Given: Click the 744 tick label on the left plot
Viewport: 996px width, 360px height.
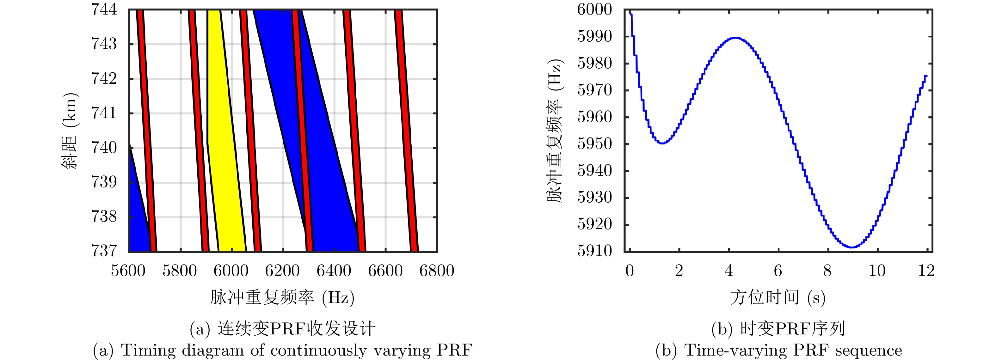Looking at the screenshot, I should [x=104, y=9].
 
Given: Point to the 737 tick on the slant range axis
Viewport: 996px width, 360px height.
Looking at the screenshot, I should [x=104, y=251].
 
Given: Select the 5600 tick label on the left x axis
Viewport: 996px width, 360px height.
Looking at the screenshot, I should [x=128, y=271].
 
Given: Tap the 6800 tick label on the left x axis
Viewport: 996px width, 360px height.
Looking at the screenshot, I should [x=437, y=271].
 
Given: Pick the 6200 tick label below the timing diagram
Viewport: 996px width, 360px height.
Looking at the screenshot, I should [x=282, y=271].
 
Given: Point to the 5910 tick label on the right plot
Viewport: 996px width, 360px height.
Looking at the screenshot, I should [x=594, y=251].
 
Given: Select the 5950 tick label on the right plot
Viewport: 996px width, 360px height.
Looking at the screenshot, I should [x=594, y=144].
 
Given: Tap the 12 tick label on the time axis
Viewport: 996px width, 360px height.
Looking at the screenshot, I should [x=926, y=271].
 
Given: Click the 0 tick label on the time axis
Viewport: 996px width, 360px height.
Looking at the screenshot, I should [x=630, y=271].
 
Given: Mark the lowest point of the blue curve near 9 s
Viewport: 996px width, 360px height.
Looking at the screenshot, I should [x=852, y=247].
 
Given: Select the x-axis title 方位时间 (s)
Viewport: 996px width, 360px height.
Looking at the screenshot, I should [x=778, y=297].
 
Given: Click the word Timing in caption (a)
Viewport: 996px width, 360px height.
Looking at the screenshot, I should [x=143, y=350].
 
